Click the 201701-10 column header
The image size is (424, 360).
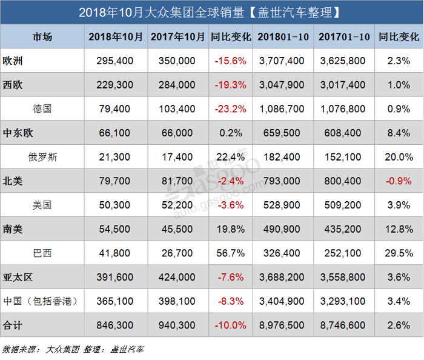click(344, 37)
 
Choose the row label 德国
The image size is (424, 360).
click(42, 109)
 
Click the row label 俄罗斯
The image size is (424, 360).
click(42, 157)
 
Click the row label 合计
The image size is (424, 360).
click(13, 325)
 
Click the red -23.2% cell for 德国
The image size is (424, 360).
click(230, 109)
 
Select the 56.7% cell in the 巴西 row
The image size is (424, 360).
click(230, 253)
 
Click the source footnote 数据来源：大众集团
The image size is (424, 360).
click(42, 349)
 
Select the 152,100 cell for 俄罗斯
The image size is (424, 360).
click(344, 157)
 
